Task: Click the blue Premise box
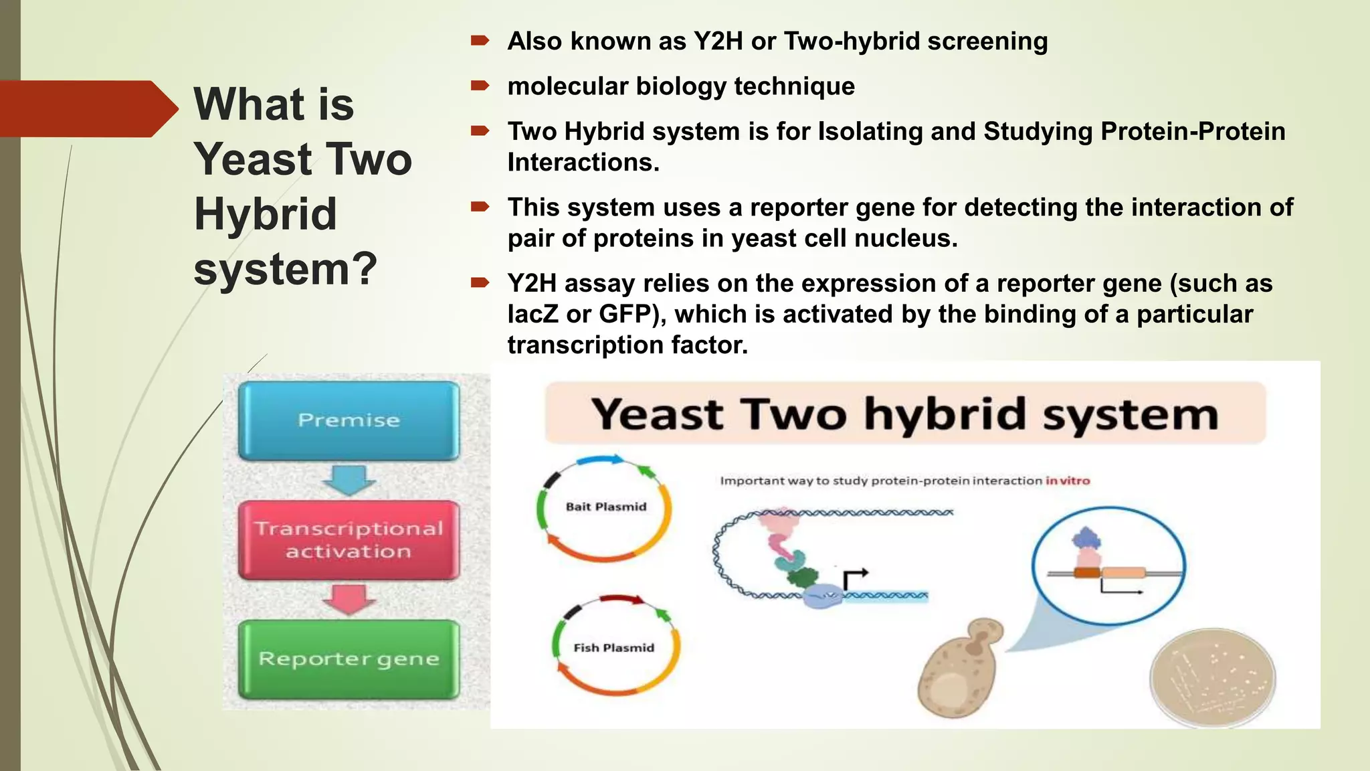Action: coord(349,420)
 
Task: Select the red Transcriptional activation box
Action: coord(349,539)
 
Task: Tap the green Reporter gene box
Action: coord(349,659)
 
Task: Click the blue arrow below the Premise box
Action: coord(349,479)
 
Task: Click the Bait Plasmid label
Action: coord(606,507)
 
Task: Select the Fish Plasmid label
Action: coord(613,648)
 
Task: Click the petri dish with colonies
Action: coord(1212,678)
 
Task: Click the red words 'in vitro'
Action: coord(1068,481)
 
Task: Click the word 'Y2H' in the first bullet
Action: coord(718,41)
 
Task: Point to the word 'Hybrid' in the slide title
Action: coord(266,214)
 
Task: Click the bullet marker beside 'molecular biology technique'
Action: coord(480,86)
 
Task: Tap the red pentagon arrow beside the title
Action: coord(87,108)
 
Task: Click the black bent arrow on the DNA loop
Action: coord(855,577)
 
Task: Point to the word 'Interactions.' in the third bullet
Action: coord(583,162)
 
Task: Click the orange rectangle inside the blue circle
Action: coord(1086,572)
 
